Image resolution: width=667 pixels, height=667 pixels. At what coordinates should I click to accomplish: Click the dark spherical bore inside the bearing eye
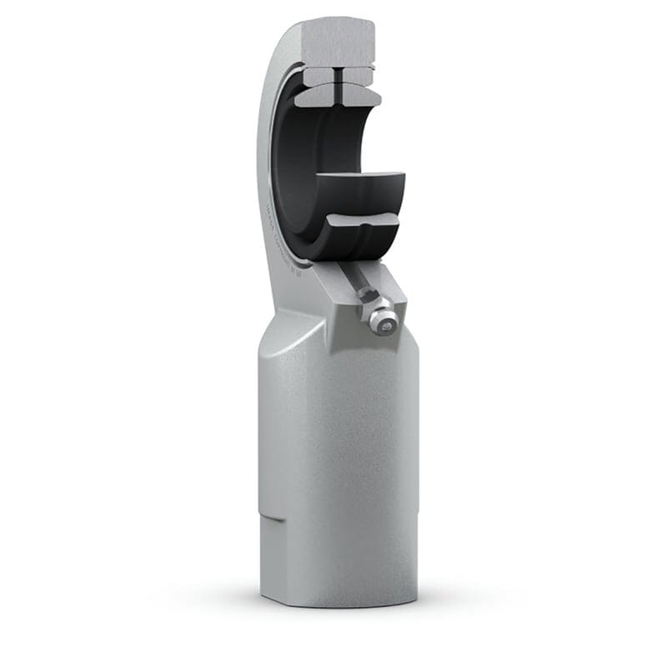(x=296, y=167)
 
